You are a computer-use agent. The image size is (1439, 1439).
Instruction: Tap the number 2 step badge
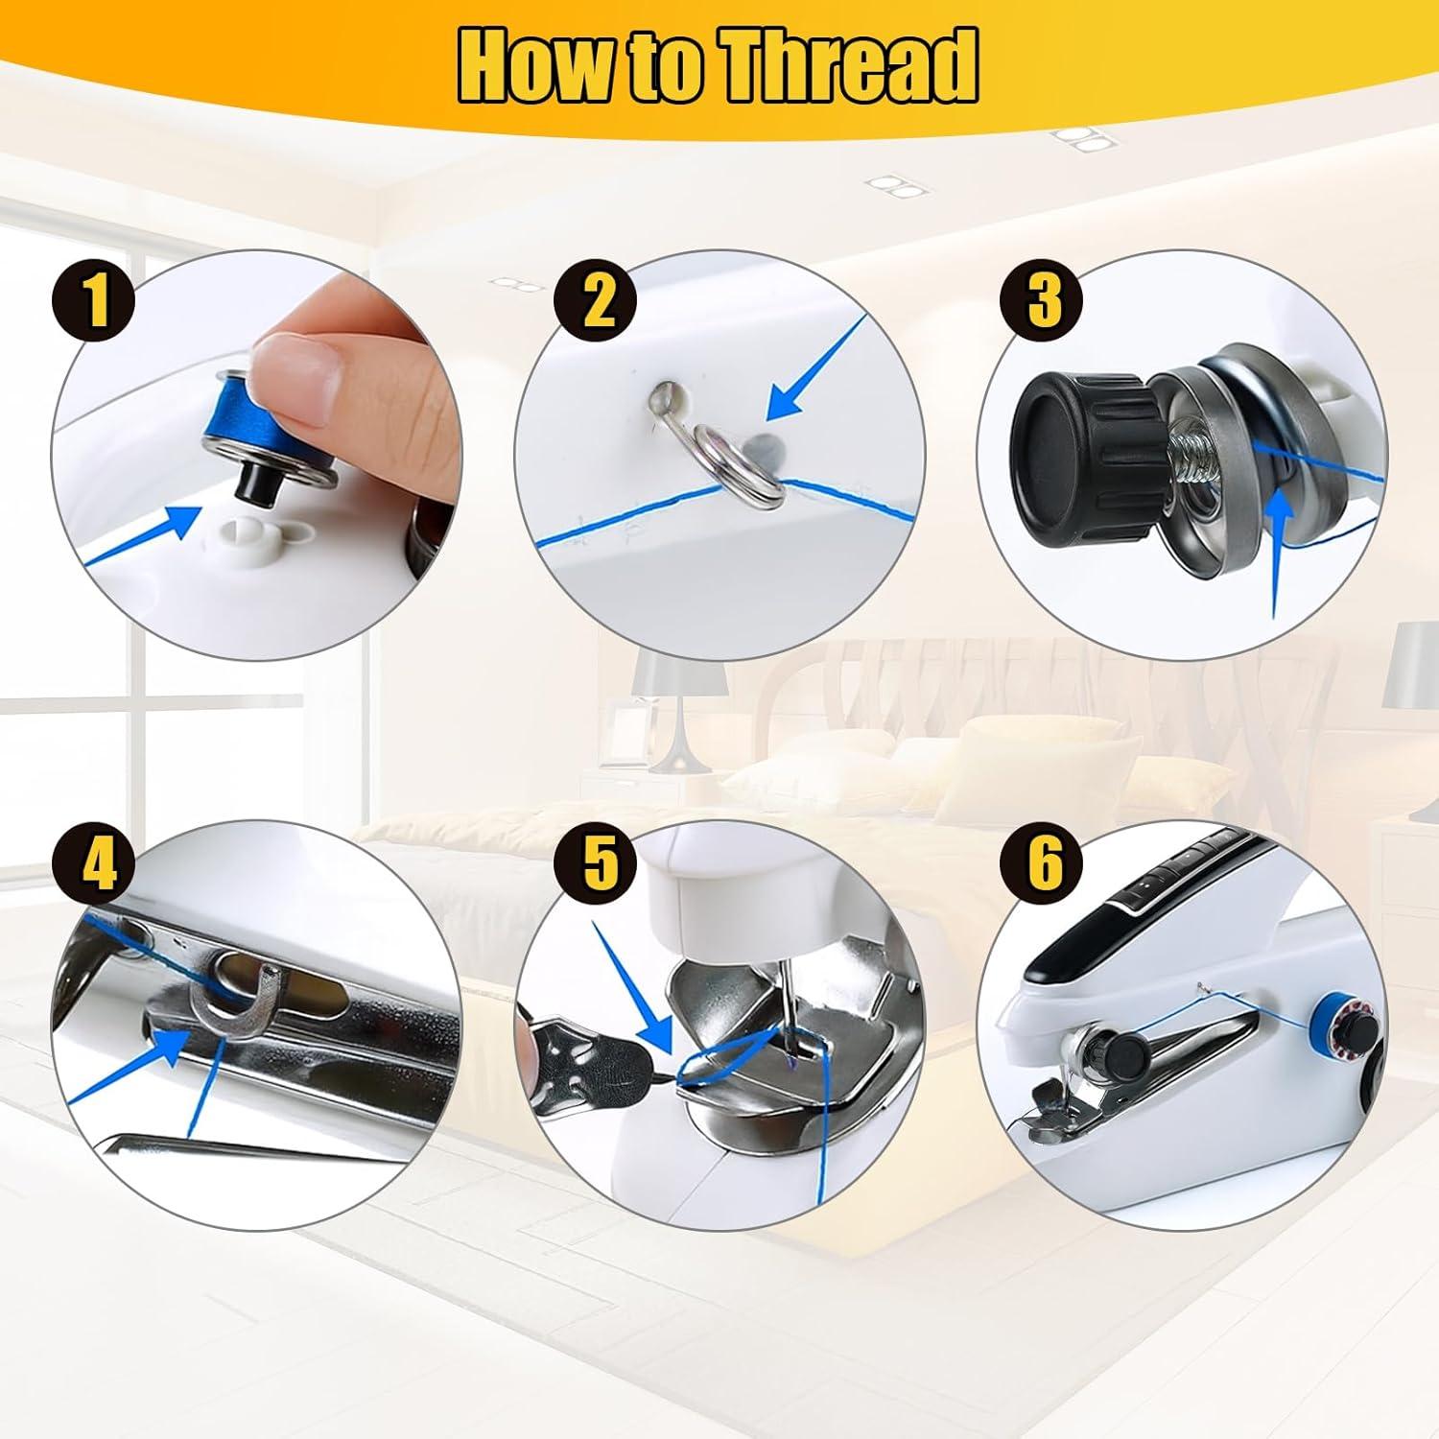(597, 299)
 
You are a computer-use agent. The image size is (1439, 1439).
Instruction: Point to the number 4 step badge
(99, 864)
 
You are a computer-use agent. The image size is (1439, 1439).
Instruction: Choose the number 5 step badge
(597, 862)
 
